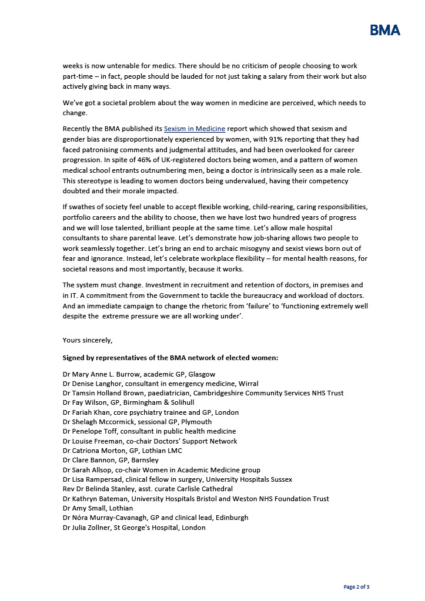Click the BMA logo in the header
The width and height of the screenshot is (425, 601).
coord(385,30)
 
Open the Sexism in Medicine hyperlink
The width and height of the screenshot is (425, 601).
coord(195,128)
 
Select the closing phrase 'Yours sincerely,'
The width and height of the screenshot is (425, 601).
coord(88,340)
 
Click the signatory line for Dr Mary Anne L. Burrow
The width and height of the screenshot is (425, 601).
coord(139,374)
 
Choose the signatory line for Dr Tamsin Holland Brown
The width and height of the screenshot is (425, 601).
coord(203,393)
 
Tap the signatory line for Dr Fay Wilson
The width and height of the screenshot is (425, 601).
coord(128,403)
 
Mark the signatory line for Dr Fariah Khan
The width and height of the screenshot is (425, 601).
coord(150,412)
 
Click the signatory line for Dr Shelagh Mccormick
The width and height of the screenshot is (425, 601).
coord(137,422)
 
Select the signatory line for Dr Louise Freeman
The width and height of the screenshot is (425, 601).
coord(150,441)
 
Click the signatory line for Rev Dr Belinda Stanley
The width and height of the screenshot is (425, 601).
coord(148,489)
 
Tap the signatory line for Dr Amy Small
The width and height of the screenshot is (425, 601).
coord(98,508)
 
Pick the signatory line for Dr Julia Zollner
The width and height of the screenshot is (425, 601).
coord(134,528)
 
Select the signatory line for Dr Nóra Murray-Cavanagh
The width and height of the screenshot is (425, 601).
coord(155,518)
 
